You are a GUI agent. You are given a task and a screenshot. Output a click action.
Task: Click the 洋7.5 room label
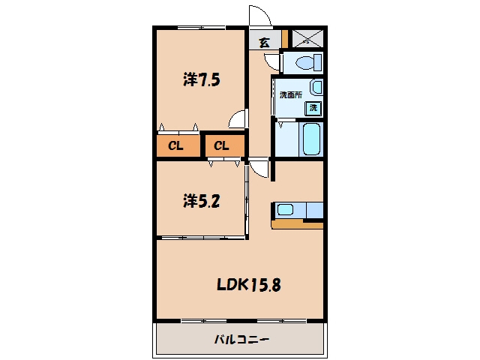coord(202,79)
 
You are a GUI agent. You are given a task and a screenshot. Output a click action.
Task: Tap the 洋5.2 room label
coord(202,201)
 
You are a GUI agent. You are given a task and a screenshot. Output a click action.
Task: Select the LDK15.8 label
coord(248,285)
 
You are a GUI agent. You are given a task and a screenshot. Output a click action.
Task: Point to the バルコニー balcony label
coord(241,339)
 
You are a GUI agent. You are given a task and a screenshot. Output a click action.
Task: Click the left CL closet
coord(178,145)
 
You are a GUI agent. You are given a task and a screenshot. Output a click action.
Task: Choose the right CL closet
coord(225,145)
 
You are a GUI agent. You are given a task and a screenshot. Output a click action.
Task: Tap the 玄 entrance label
coord(265,43)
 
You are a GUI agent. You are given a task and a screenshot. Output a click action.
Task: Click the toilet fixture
coord(308,63)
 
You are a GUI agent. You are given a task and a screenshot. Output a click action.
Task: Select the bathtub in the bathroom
coord(312,139)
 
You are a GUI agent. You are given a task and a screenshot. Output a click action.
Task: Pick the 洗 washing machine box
coord(313,108)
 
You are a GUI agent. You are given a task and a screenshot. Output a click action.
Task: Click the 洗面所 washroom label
coord(291,95)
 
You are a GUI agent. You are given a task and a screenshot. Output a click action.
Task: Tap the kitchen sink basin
coord(285,210)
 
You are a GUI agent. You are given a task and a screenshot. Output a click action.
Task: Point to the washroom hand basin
coord(316,87)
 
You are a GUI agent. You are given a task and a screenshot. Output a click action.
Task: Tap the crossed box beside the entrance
coord(307,38)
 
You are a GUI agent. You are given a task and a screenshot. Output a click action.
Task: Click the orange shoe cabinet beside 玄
coord(285,39)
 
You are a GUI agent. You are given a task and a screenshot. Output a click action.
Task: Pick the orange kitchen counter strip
coord(298,225)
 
